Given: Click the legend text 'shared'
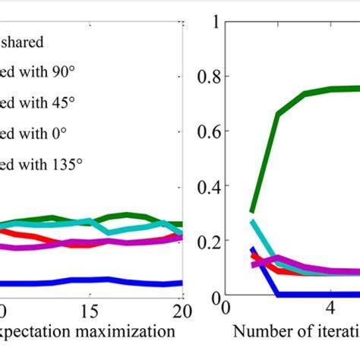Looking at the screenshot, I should [x=23, y=43].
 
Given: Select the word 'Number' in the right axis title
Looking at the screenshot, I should [x=258, y=331].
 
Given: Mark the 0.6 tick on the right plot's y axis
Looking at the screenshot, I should [x=209, y=131].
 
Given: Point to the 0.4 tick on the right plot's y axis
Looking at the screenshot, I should [x=209, y=186].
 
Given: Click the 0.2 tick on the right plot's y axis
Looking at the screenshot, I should [x=209, y=241].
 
